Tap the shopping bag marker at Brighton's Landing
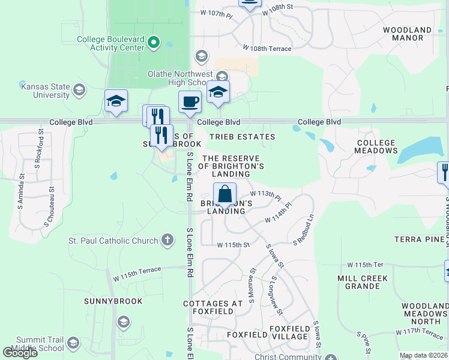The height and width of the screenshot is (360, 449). click(x=224, y=194)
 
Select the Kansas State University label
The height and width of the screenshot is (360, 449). click(x=45, y=91)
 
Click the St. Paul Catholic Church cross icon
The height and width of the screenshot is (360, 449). click(x=167, y=241)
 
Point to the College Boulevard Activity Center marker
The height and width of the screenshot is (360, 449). click(x=154, y=43)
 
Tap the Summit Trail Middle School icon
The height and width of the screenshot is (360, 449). click(x=73, y=343)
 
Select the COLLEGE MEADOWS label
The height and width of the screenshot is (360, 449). click(x=376, y=147)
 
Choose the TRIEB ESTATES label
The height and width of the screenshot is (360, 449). click(x=242, y=137)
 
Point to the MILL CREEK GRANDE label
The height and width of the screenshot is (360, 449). click(x=363, y=283)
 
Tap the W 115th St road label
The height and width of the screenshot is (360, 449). click(x=233, y=245)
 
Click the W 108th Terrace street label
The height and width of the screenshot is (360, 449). click(x=267, y=49)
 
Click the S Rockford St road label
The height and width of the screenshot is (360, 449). click(x=41, y=144)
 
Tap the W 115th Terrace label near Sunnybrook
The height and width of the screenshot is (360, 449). click(x=137, y=274)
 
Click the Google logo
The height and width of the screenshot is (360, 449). click(x=20, y=353)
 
